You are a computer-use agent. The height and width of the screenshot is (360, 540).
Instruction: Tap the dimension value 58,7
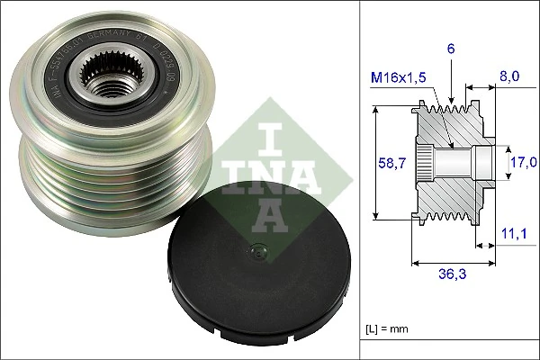click(387, 162)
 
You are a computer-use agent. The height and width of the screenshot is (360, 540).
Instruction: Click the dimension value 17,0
click(523, 162)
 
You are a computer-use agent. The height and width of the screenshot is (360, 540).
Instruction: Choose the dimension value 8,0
click(509, 78)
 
